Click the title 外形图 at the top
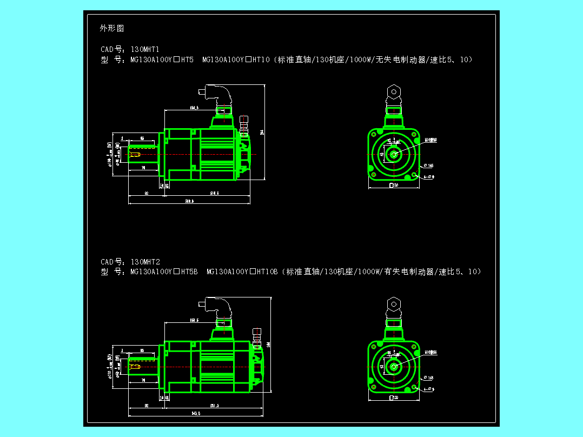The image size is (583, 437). [112, 28]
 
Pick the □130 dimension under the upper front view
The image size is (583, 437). [394, 186]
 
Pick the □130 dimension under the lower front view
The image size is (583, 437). [394, 398]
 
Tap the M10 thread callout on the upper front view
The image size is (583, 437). [430, 140]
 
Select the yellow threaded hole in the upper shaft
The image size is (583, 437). [135, 155]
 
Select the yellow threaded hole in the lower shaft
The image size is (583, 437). [135, 367]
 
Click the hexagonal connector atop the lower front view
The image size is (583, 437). [394, 303]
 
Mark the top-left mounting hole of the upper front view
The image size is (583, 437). [374, 134]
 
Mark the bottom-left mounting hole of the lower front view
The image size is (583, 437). [374, 387]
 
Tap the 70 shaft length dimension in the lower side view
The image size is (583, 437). [143, 380]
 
